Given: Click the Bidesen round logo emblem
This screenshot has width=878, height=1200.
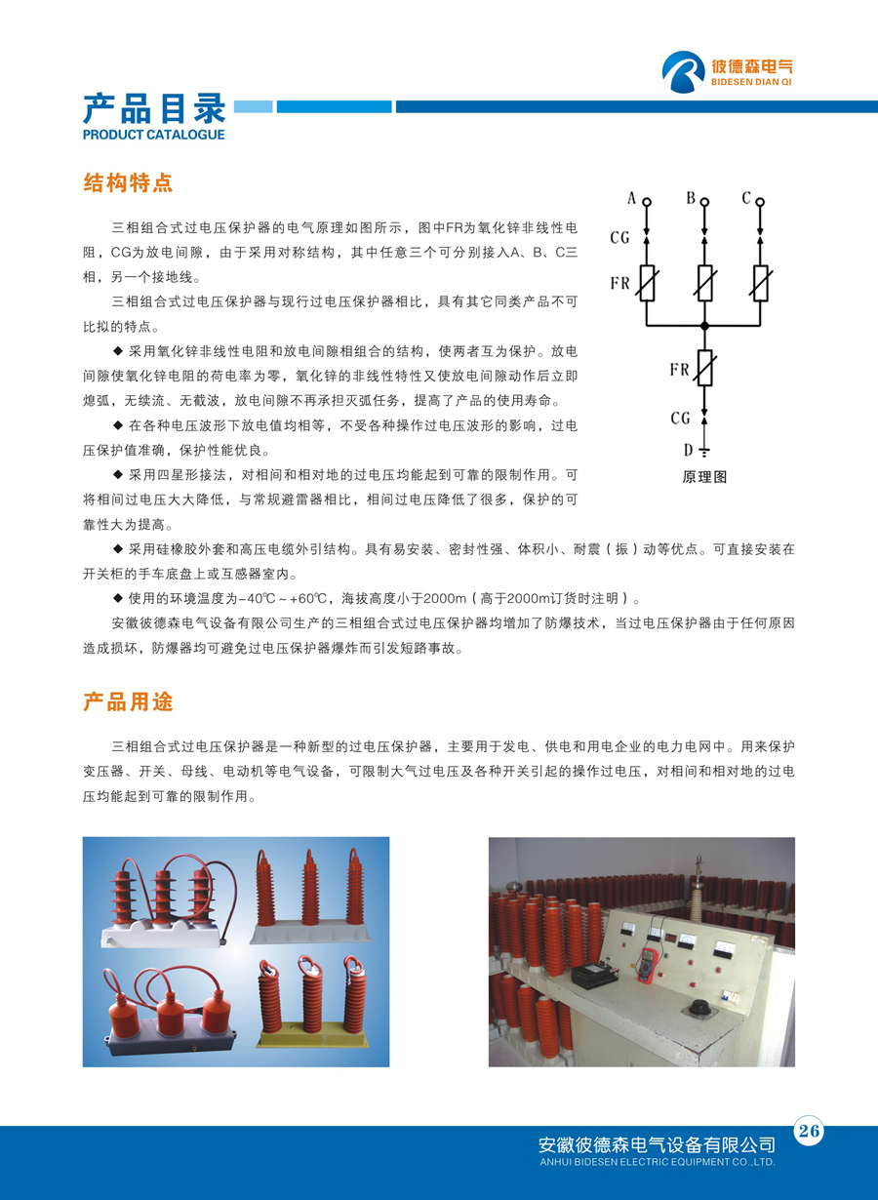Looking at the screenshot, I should (x=684, y=72).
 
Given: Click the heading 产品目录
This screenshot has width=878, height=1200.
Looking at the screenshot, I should (x=154, y=107).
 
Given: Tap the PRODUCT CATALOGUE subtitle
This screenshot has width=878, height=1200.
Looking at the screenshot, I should (x=153, y=135).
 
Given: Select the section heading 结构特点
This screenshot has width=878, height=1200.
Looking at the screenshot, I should (x=128, y=182).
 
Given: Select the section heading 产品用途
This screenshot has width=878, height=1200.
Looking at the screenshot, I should (x=128, y=701).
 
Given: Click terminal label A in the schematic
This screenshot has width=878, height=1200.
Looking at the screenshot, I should (x=631, y=199).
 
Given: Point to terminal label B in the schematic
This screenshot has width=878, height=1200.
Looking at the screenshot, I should (x=690, y=199).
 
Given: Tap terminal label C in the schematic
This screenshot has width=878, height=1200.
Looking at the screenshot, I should (x=746, y=199).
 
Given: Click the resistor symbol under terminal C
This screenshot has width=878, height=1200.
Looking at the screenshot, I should (x=760, y=283).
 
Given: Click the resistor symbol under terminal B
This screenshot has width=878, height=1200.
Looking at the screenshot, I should (x=704, y=283).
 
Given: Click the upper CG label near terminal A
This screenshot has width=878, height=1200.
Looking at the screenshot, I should (x=620, y=237).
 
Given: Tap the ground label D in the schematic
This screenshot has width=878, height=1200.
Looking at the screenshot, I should (x=688, y=450).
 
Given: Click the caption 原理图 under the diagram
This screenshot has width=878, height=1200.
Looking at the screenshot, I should (x=703, y=477).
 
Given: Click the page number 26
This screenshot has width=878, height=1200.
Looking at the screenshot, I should (x=809, y=1132).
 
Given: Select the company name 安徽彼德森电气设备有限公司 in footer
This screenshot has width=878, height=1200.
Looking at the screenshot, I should (x=657, y=1144).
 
